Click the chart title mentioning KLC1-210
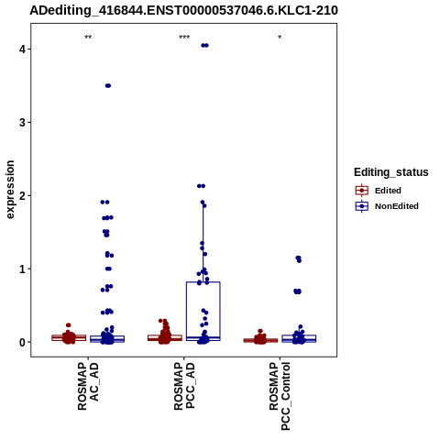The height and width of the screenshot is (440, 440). (183, 10)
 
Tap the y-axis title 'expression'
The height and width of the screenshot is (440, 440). (10, 190)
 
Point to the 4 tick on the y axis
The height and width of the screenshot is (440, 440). (23, 49)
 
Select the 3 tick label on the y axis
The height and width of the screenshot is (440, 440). (23, 122)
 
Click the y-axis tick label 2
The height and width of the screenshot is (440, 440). (23, 195)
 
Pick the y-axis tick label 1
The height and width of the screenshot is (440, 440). (23, 269)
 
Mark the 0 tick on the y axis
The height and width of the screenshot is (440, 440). (23, 342)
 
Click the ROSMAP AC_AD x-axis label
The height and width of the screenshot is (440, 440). (88, 386)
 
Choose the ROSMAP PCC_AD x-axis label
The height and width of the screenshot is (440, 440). (184, 386)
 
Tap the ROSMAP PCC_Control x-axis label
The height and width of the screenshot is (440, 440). (280, 396)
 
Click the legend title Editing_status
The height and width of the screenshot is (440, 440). (391, 172)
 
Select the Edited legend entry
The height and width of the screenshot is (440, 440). (379, 191)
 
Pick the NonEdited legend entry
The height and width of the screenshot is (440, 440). (387, 206)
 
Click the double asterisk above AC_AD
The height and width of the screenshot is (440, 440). (88, 38)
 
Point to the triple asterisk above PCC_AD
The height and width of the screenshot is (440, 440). (184, 38)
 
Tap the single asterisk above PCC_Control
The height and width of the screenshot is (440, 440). (280, 38)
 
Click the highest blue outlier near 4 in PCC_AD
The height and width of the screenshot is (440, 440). (204, 46)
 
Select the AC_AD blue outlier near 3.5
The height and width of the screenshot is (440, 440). (108, 85)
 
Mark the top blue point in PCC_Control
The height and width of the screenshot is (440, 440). (298, 258)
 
